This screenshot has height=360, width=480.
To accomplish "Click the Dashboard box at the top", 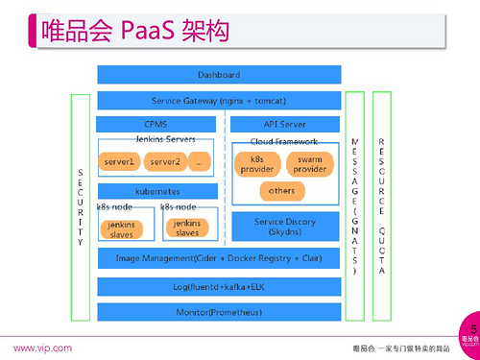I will tap(218, 74).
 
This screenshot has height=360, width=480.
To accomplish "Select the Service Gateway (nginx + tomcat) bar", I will tap(218, 101).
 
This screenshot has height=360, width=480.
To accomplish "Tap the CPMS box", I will tap(156, 124).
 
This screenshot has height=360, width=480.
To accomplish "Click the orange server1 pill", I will tap(120, 161).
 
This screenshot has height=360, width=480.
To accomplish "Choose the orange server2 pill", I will tap(164, 161).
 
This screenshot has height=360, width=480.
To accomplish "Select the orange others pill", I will tap(282, 190).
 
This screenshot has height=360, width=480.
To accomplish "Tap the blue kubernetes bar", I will tap(156, 191).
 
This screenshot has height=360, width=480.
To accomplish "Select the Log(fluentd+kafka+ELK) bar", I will tap(218, 286).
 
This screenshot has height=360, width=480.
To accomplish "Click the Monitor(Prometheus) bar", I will tap(218, 312).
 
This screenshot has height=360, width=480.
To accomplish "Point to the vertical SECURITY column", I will tap(80, 206).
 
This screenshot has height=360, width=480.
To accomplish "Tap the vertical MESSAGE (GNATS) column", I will tap(355, 206).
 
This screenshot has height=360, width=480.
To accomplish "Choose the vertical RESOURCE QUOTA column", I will tap(382, 206).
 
